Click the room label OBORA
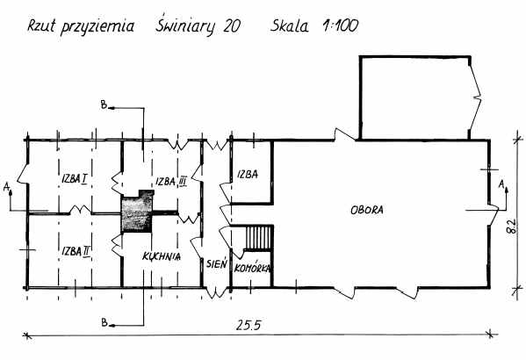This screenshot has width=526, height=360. tap(367, 210)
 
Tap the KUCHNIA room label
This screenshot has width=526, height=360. tap(162, 256)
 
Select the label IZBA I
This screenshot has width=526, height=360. tap(75, 179)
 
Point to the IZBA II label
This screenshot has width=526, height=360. tap(76, 251)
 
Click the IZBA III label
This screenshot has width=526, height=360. tap(171, 182)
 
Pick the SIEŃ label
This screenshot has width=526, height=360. tap(217, 263)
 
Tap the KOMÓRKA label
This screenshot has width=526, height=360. tap(253, 268)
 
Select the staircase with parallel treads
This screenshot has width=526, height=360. tap(258, 238)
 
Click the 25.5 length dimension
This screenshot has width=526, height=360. tap(249, 326)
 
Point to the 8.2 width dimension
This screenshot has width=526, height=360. tap(512, 227)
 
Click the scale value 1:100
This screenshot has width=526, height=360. tap(340, 26)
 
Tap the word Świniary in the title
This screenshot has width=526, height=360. tap(184, 25)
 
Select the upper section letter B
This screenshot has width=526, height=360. tap(104, 105)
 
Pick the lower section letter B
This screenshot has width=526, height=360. tap(104, 322)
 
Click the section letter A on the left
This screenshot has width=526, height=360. tap(6, 187)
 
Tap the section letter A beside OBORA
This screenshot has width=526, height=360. tap(501, 184)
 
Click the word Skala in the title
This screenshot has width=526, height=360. tap(289, 25)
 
